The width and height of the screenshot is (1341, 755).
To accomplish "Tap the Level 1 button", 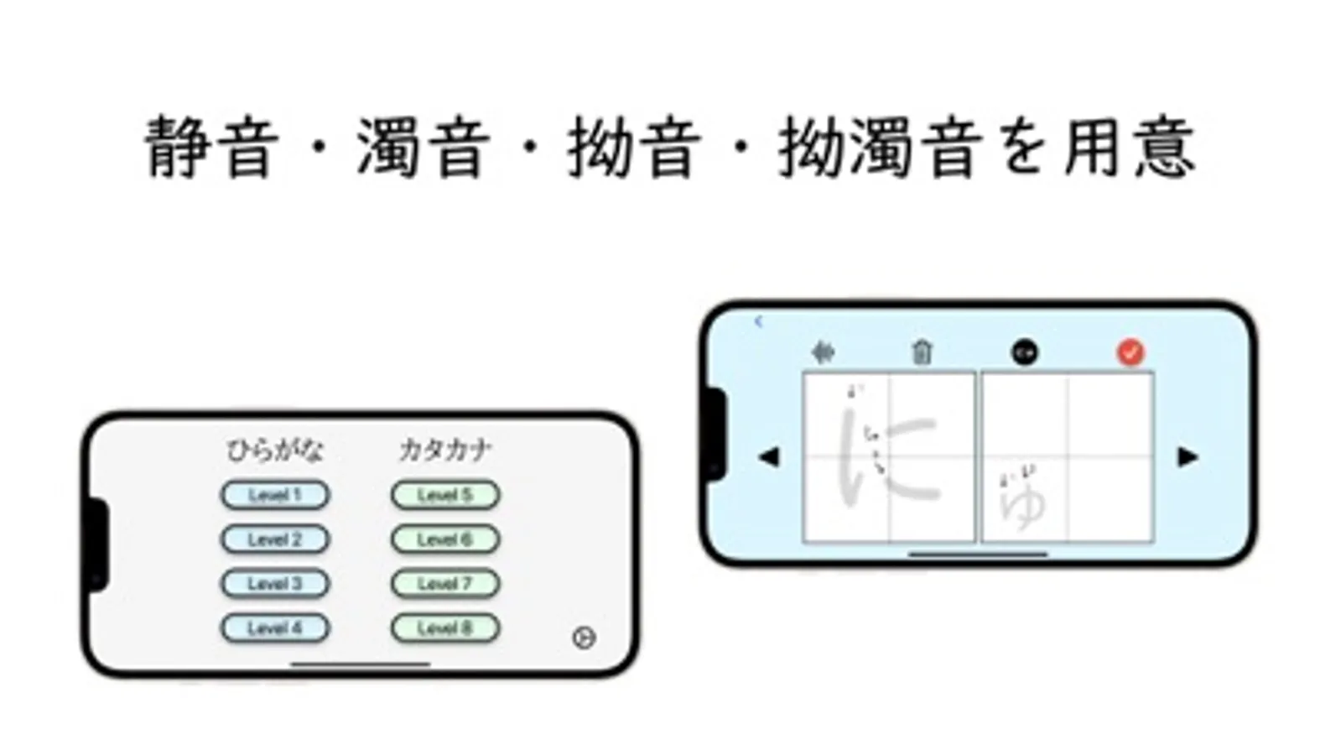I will [x=275, y=495].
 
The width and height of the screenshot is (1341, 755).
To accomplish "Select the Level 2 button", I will [x=275, y=539].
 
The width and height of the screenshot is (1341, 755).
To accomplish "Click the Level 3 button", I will [x=275, y=584].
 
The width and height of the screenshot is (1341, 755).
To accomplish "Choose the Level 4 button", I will [x=275, y=628].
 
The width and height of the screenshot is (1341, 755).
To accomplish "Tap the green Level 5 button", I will [x=445, y=495].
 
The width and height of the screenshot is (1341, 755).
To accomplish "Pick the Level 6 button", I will [x=445, y=539].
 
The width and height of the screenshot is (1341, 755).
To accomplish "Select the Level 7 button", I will [x=445, y=584].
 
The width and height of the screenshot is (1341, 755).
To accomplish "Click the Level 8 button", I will [x=445, y=628].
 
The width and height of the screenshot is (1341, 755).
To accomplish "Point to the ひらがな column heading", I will [x=275, y=450].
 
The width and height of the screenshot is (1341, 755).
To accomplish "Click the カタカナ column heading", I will [x=444, y=450].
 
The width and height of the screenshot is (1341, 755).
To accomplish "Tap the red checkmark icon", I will [x=1130, y=352].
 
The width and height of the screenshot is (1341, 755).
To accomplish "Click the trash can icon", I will [x=922, y=352].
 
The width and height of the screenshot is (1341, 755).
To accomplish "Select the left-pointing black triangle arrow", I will [x=768, y=457].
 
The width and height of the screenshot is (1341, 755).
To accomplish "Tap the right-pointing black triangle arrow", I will [x=1188, y=457].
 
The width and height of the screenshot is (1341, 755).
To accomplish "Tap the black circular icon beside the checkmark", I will [x=1024, y=352].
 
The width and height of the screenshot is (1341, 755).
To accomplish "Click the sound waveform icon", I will [x=823, y=352].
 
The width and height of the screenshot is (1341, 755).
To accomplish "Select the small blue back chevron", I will [x=758, y=321].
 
